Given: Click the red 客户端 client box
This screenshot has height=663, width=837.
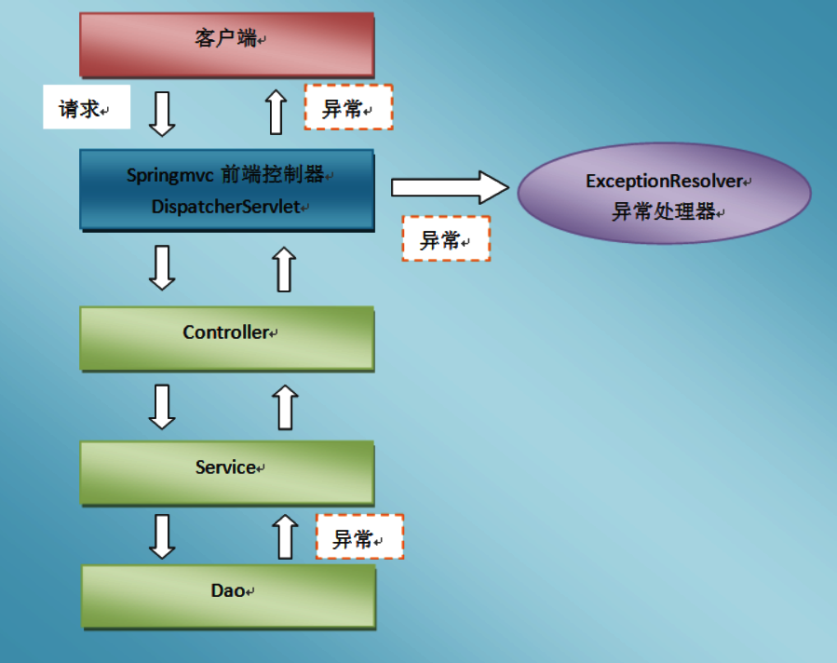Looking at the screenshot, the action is (226, 44).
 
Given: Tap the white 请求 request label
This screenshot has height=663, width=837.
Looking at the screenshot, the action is (86, 108).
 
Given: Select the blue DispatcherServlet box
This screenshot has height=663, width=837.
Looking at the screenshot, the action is (226, 188).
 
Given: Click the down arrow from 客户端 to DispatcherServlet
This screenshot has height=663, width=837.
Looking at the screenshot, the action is (163, 113).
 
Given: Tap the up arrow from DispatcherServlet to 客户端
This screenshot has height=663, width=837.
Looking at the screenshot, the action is (276, 112).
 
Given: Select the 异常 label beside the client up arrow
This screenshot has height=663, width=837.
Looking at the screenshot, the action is (348, 108).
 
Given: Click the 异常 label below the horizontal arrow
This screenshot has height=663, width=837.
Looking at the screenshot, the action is (445, 238).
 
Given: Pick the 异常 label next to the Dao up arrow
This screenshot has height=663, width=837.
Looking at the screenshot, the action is (359, 536).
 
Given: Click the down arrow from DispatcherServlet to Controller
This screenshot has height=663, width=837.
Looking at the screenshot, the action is (163, 267).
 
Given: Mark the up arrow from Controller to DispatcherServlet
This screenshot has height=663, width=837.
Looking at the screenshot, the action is (285, 269).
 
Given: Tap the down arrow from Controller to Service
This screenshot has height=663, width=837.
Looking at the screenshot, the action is (163, 407).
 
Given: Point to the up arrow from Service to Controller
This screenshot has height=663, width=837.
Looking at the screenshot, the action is (286, 408).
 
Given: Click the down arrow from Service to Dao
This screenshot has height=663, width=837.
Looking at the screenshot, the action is (163, 535).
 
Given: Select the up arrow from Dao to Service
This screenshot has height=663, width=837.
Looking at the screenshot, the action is (286, 536).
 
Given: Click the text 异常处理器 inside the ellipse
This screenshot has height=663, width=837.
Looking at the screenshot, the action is (663, 211).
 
